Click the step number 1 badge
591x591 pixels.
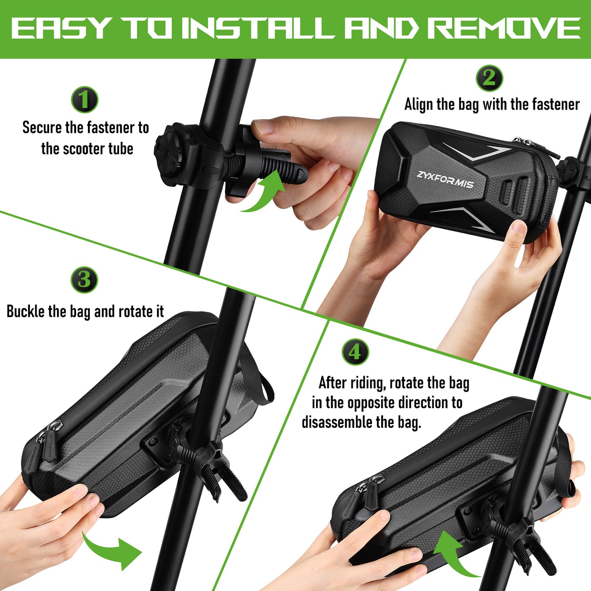click(85, 100)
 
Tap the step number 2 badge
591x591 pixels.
click(490, 78)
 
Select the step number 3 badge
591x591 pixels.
click(84, 280)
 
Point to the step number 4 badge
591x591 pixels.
click(355, 352)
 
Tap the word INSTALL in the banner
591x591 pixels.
click(257, 28)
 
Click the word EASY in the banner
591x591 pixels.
click(60, 28)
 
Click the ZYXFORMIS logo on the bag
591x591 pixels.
click(445, 180)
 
